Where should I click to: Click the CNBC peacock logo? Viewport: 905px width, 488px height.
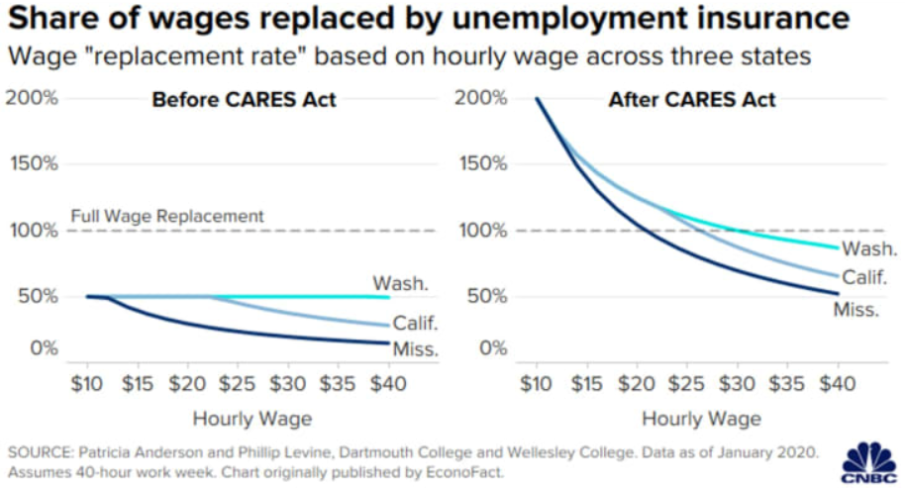coord(867,459)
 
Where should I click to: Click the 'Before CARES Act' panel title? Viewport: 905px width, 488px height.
coord(244,100)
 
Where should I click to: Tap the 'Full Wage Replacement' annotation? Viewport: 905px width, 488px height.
coord(167,215)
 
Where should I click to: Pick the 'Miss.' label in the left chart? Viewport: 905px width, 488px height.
coord(415,348)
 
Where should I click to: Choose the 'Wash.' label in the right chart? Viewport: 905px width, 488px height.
coord(868,248)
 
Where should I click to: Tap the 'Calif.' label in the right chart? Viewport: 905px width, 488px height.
coord(864,280)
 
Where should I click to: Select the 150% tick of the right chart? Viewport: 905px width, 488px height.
coord(484,162)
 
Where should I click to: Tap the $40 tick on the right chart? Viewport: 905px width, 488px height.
coord(838,383)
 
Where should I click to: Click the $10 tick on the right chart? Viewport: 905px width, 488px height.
coord(536,383)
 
